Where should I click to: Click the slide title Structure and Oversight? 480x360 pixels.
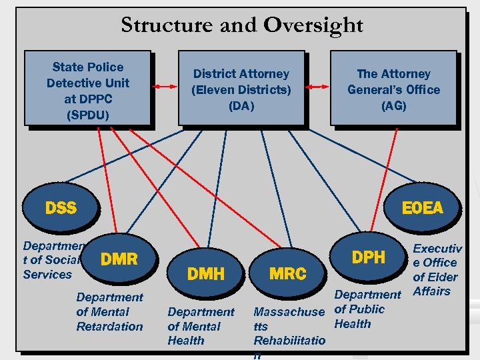tap(241, 25)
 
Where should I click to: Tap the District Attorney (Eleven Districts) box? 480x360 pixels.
tap(241, 89)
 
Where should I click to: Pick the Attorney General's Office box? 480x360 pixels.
tap(393, 89)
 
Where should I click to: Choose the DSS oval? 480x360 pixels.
tap(61, 207)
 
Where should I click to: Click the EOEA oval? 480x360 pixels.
tap(422, 207)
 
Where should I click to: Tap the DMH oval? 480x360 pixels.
tap(206, 273)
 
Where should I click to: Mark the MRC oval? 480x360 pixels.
tap(287, 273)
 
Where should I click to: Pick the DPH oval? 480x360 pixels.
tap(368, 257)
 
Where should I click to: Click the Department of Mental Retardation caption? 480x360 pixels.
tap(109, 311)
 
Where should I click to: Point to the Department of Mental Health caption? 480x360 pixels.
tap(201, 326)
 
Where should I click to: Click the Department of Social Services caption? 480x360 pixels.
tap(51, 260)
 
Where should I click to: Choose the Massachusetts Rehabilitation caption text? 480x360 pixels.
tap(289, 327)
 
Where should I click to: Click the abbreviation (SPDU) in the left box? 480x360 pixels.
tap(88, 115)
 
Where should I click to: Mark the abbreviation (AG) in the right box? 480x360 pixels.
tap(393, 106)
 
